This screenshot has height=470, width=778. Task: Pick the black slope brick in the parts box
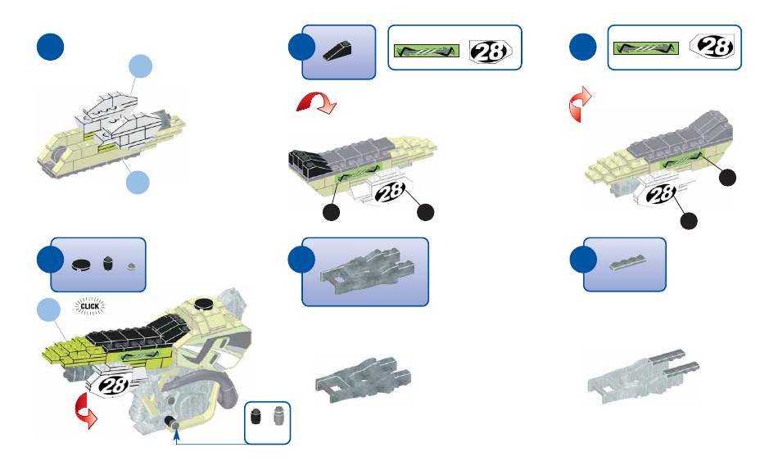pyautogui.click(x=338, y=52)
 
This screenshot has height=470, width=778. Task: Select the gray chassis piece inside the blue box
pyautogui.click(x=364, y=269)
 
